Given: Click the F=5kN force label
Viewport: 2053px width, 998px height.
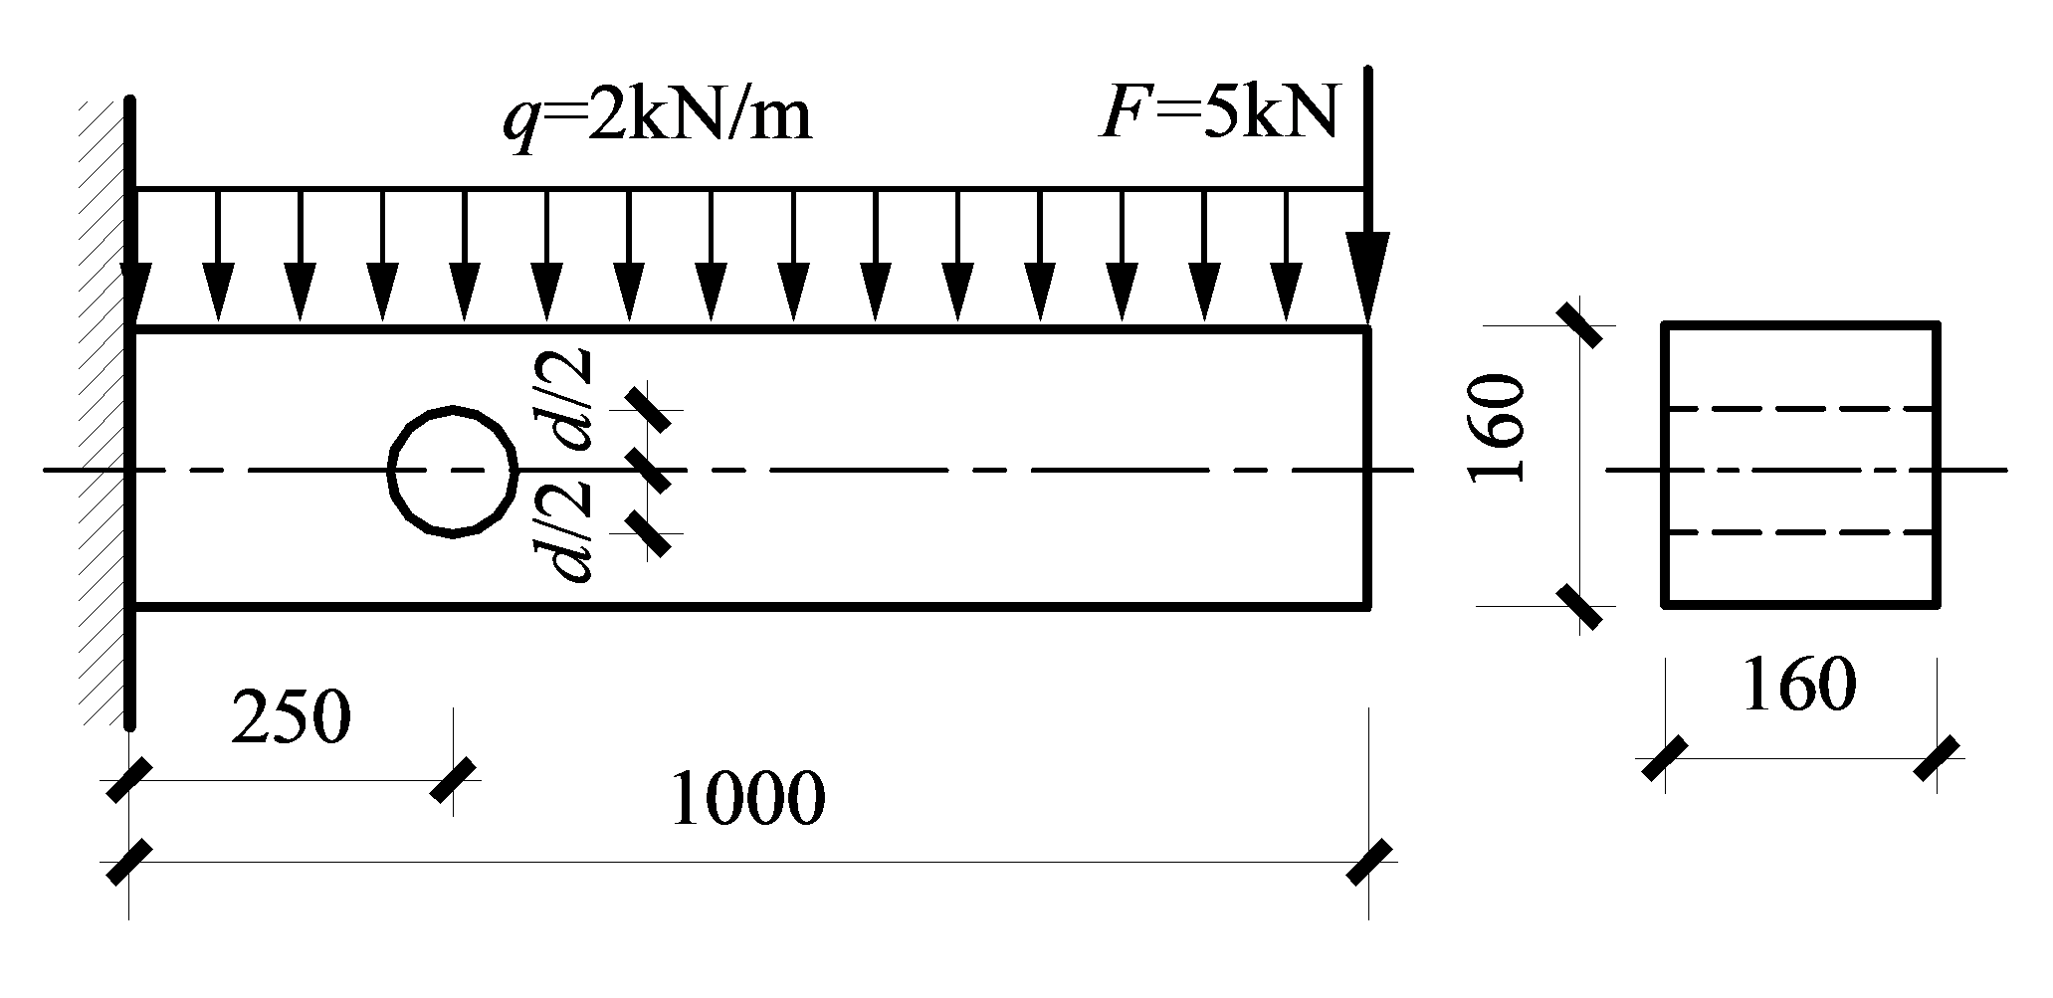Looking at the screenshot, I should tap(1218, 115).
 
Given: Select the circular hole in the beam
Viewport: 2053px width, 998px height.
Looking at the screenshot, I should tap(453, 472).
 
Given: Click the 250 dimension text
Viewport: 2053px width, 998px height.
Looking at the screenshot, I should tap(291, 718).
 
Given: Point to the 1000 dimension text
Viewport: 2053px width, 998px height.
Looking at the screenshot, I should tap(748, 800).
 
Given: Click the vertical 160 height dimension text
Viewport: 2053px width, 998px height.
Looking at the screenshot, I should tap(1499, 429).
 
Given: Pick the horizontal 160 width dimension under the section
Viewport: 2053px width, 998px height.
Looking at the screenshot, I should tap(1799, 685).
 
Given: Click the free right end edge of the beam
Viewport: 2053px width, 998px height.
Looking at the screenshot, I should tap(1368, 468).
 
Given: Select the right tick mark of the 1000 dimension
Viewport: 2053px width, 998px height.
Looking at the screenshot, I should tap(1369, 862).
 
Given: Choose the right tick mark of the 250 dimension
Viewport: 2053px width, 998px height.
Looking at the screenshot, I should tap(454, 779).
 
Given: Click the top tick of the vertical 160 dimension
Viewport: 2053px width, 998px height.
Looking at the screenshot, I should tap(1580, 324).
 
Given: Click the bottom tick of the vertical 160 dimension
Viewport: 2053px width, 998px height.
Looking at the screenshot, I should tap(1580, 606).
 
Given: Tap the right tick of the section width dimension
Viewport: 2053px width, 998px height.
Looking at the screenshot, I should tap(1937, 758).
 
